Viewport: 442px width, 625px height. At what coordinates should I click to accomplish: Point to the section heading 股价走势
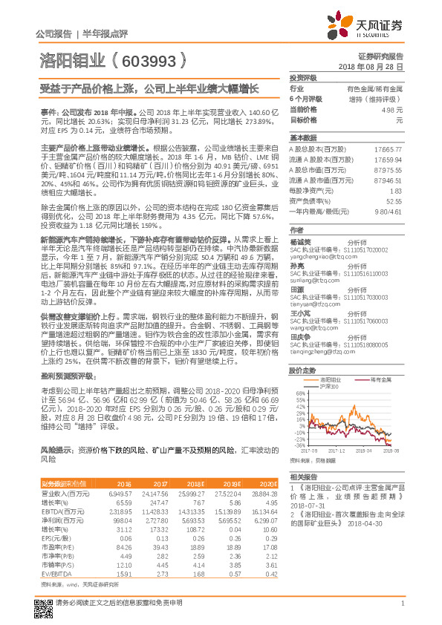[x=299, y=370]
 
